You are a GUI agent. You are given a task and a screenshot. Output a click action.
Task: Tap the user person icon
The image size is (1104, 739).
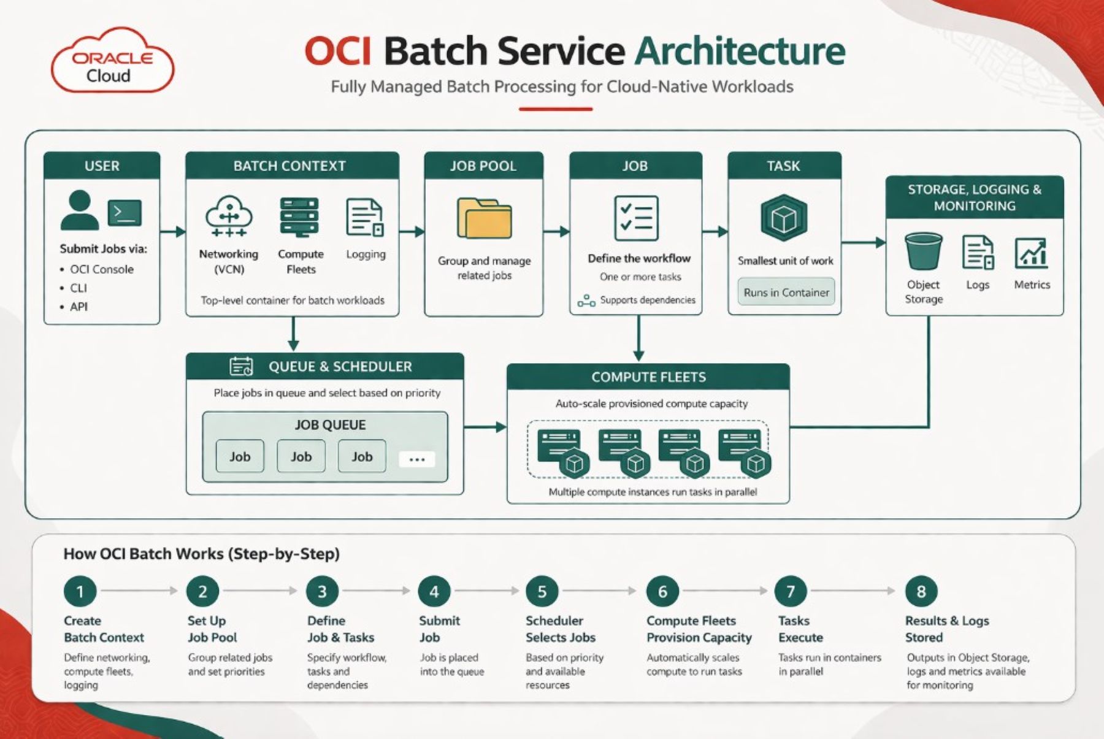[80, 210]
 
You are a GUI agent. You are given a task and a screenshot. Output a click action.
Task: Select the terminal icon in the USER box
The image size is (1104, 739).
[125, 213]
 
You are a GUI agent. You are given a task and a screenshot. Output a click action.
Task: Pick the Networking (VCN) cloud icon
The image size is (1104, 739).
[229, 216]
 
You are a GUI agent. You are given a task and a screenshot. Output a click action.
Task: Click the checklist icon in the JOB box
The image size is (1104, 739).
[636, 218]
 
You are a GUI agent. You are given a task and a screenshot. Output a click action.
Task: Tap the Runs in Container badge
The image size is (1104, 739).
[786, 293]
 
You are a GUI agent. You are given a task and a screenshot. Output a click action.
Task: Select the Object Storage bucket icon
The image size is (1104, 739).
[923, 251]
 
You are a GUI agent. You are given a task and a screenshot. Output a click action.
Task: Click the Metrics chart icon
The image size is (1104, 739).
[1032, 253]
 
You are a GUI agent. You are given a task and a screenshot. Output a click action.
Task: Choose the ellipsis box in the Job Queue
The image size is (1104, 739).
[416, 459]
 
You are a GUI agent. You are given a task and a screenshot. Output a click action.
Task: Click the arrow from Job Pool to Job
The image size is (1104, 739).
[556, 232]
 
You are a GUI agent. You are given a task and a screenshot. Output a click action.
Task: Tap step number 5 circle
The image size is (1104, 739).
[542, 591]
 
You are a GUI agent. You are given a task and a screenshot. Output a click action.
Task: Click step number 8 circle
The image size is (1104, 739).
[921, 591]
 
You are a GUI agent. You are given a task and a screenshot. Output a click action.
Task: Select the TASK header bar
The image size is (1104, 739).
[784, 166]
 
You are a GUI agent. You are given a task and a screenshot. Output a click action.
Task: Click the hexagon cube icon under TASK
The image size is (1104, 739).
[784, 218]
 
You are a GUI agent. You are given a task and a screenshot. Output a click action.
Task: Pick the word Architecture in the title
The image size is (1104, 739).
[740, 50]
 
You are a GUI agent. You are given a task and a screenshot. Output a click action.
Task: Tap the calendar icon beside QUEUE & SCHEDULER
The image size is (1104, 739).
[241, 366]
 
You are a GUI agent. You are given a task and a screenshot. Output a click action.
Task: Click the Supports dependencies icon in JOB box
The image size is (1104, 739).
[586, 301]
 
